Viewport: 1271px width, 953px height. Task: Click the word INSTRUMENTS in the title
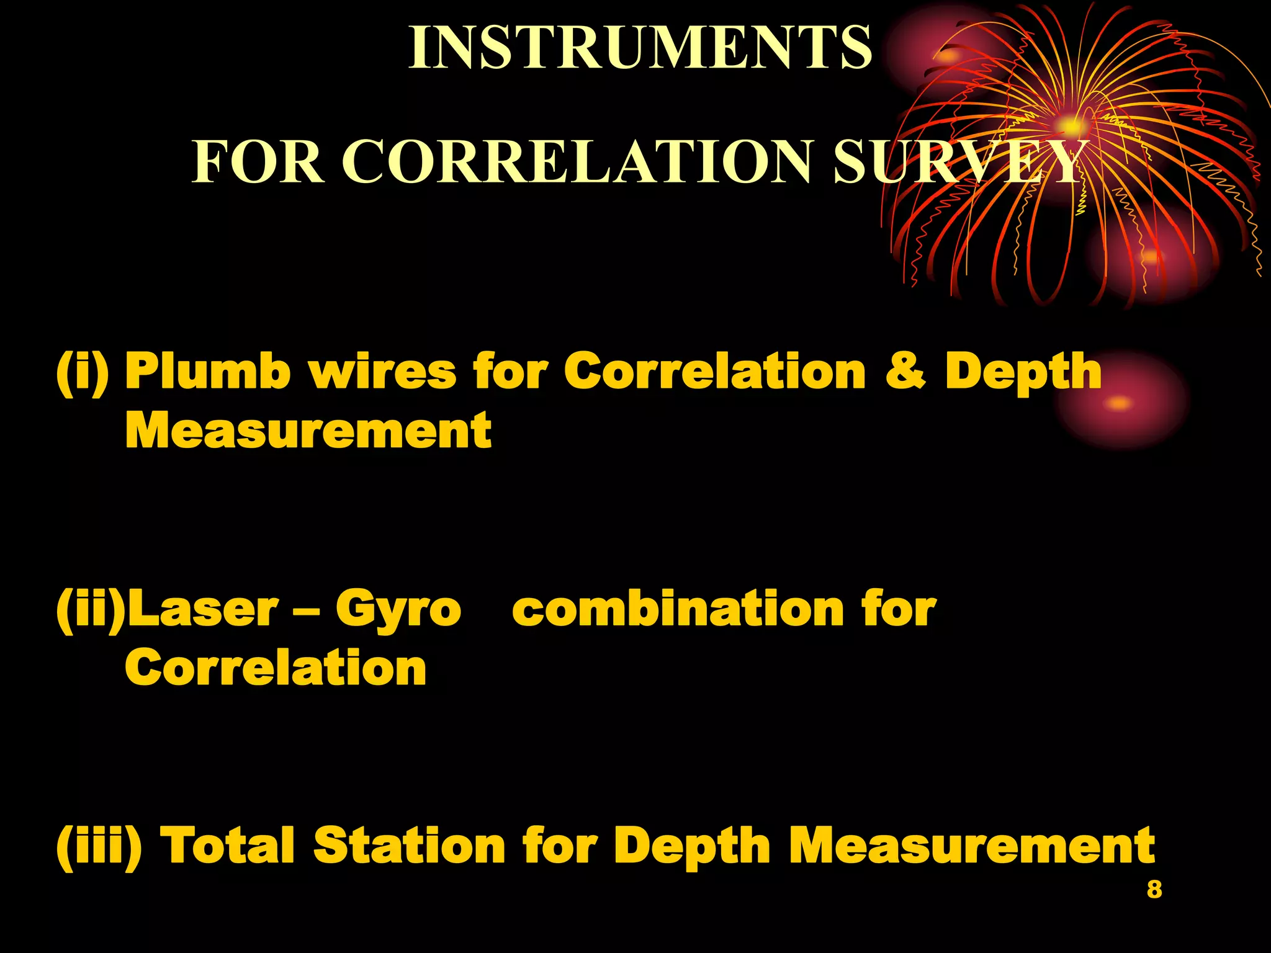640,48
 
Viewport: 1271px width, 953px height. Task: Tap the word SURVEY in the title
959,162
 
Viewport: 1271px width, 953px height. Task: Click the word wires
382,371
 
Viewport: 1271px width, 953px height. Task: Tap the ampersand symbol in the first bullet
905,371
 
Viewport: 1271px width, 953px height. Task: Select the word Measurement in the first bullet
308,431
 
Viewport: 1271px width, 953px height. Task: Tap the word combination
678,609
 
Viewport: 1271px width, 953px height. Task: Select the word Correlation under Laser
276,668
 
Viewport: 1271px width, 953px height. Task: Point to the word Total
227,846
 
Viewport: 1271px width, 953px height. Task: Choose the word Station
410,846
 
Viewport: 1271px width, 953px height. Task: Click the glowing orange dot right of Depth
1119,403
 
